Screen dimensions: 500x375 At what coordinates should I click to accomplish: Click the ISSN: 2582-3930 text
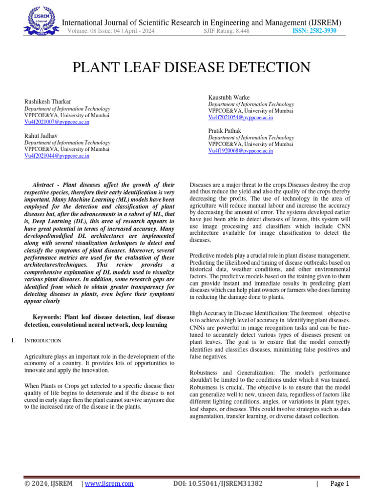[314, 31]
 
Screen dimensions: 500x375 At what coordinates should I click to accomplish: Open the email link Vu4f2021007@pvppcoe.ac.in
[57, 122]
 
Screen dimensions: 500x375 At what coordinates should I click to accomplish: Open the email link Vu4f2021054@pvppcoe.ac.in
[240, 118]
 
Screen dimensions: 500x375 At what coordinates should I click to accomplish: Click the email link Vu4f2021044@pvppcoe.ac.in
[57, 156]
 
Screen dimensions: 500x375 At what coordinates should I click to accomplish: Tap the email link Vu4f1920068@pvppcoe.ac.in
[240, 151]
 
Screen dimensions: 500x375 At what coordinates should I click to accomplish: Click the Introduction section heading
[42, 340]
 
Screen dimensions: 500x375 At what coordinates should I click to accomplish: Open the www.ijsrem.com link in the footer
[109, 484]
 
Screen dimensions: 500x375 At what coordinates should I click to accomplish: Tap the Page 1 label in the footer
[340, 484]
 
